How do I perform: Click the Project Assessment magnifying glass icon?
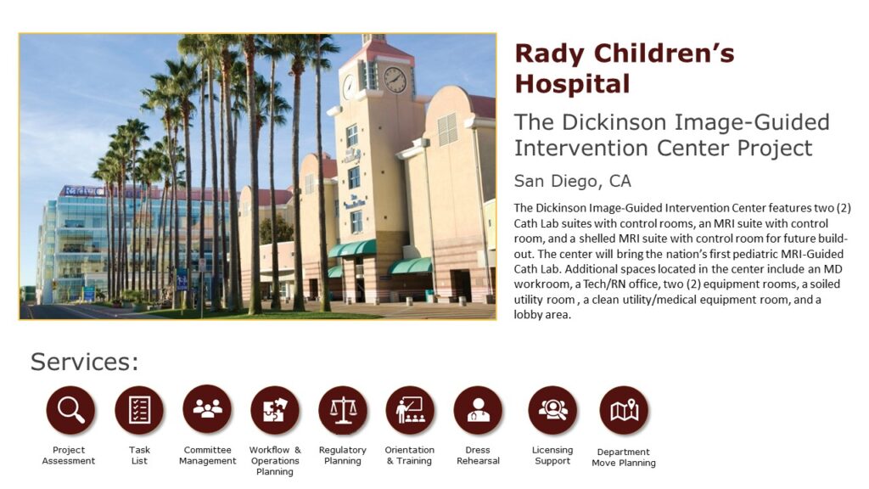pos(70,410)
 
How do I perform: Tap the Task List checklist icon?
pos(139,410)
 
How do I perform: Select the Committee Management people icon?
pos(207,409)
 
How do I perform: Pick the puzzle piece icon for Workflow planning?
pos(275,410)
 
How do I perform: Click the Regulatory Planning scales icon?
pos(343,410)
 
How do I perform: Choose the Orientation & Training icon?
pos(410,410)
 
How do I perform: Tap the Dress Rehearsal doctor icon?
pos(478,410)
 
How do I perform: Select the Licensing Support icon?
pos(552,410)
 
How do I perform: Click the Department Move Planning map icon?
pos(624,410)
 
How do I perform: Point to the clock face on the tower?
pos(395,80)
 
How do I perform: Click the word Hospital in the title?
pos(573,84)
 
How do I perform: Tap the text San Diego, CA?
pos(573,182)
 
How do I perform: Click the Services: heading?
pos(85,362)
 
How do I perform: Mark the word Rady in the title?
pos(550,53)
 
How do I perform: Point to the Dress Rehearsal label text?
pos(478,455)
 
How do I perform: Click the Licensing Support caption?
pos(552,455)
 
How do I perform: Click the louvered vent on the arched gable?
pos(447,129)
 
